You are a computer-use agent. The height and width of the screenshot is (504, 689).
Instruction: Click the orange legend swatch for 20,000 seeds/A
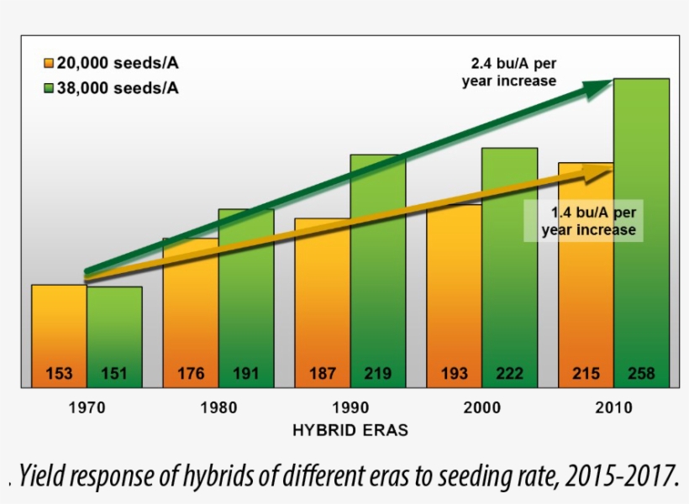(49, 63)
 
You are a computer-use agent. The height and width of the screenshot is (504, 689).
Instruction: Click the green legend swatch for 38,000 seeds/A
(49, 88)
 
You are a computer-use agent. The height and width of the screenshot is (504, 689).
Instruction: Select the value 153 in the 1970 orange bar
(60, 374)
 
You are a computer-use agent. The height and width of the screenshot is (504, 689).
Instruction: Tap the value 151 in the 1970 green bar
(114, 374)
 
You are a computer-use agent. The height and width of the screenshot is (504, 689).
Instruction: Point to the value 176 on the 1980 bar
(191, 374)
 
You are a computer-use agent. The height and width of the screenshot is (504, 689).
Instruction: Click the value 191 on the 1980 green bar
(246, 374)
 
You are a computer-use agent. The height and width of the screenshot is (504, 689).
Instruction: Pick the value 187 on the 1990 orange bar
(323, 374)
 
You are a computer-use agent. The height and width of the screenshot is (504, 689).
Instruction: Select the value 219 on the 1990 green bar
(378, 374)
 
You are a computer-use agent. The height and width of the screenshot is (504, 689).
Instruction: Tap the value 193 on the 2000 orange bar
(455, 374)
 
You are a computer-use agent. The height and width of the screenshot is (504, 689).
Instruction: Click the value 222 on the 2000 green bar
(509, 374)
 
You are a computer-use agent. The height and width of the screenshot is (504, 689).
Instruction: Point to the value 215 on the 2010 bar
(586, 374)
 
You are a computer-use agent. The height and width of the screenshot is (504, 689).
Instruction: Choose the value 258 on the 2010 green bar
(641, 374)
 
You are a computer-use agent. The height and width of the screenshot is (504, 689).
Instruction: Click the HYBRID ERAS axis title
(350, 430)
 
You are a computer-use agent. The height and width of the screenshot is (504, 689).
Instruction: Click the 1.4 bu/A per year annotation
(588, 221)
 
